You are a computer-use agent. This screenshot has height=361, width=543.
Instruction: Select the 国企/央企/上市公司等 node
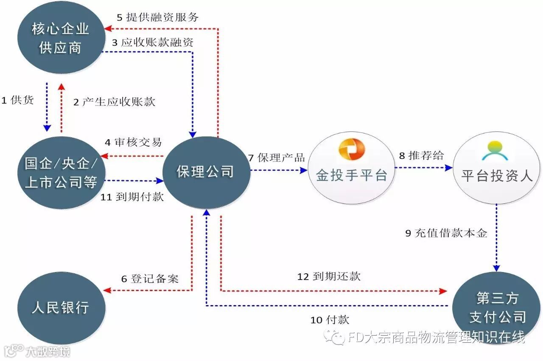[61, 172]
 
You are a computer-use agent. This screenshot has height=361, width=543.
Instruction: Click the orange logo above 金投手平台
[352, 150]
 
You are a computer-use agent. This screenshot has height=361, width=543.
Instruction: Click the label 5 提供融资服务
[157, 17]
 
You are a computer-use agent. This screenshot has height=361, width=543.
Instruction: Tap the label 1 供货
[17, 100]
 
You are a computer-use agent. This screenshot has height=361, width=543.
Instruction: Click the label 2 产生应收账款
[114, 102]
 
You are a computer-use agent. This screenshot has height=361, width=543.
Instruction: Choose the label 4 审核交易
[133, 142]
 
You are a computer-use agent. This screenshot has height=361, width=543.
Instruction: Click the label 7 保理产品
[276, 158]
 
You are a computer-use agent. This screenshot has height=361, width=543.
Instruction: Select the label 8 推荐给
[421, 156]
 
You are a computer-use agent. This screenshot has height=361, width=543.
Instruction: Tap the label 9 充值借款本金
[446, 233]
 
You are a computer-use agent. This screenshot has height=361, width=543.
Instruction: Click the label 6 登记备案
[150, 279]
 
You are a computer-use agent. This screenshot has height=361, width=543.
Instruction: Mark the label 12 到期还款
[329, 277]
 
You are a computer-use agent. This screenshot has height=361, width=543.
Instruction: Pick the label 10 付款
[330, 319]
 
